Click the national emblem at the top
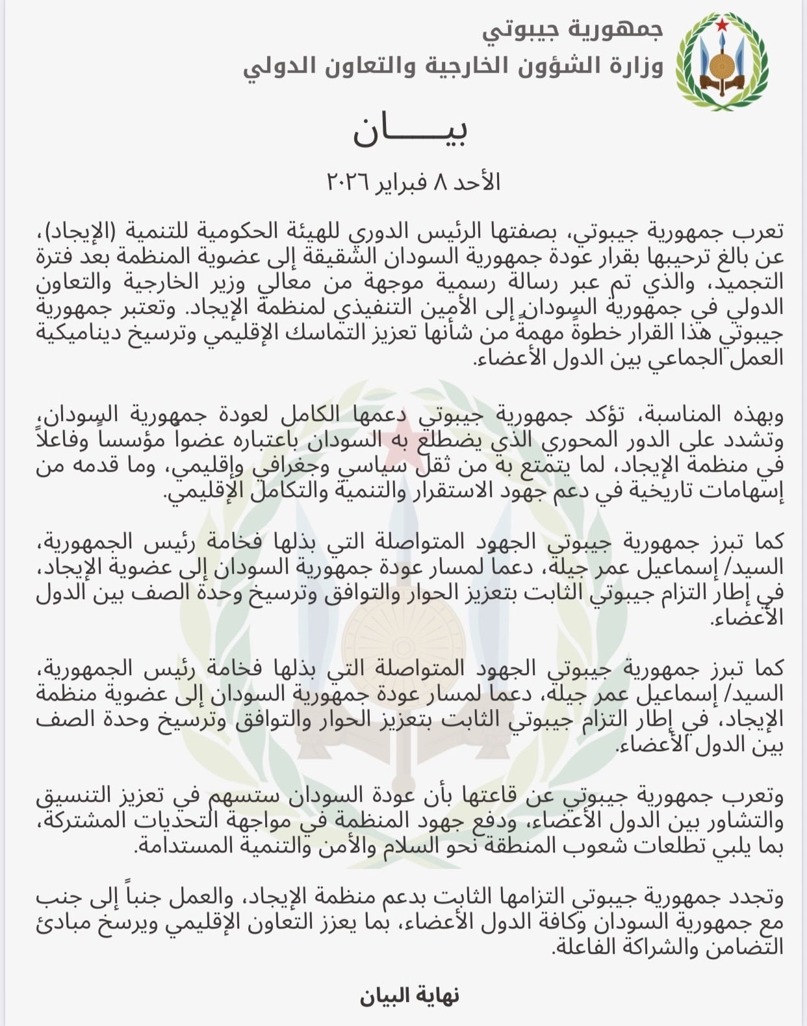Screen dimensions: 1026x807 coord(722,62)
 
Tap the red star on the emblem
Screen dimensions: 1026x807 coord(722,26)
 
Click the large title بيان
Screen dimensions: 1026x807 coord(410,131)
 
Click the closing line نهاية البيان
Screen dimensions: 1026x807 coord(410,995)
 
